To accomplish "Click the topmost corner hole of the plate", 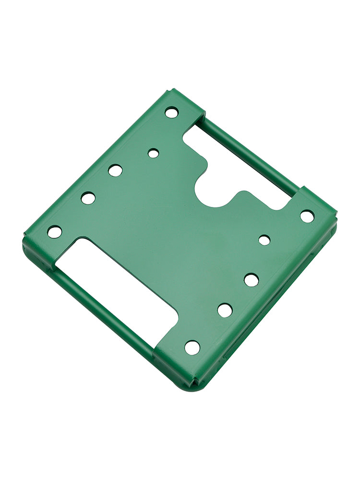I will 171,112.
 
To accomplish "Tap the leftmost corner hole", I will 55,232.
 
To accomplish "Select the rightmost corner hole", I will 307,216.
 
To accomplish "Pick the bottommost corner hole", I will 192,348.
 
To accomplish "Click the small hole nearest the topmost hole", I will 153,153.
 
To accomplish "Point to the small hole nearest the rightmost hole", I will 264,240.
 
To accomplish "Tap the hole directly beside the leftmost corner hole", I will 88,198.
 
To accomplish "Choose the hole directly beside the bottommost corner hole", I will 225,310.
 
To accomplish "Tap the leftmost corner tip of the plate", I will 24,238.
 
